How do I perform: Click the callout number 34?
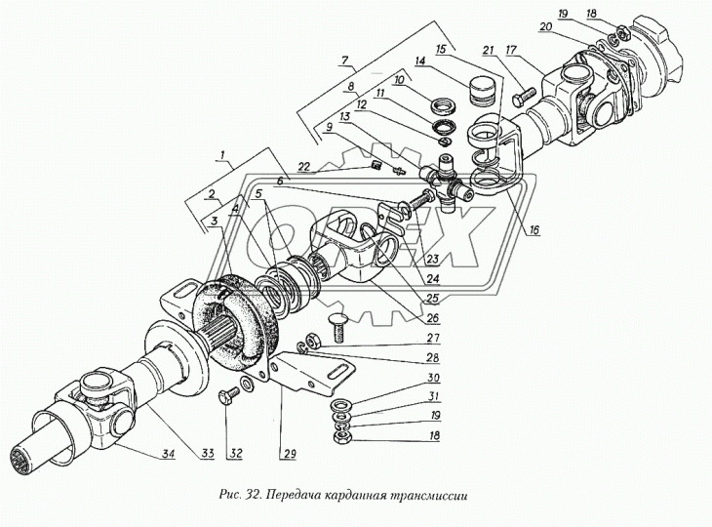tap(168, 453)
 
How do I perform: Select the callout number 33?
tap(208, 453)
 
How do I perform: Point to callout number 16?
tap(534, 230)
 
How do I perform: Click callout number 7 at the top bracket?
tap(344, 60)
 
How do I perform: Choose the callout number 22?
tap(304, 167)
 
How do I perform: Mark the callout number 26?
tap(433, 317)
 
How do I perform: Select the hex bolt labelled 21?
tap(524, 98)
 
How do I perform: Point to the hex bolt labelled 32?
tap(228, 396)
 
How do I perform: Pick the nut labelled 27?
tap(312, 340)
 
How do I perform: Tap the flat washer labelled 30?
tap(340, 404)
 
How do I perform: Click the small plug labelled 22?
tap(375, 165)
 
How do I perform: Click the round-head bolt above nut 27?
tap(337, 327)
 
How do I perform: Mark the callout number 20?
tap(545, 27)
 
